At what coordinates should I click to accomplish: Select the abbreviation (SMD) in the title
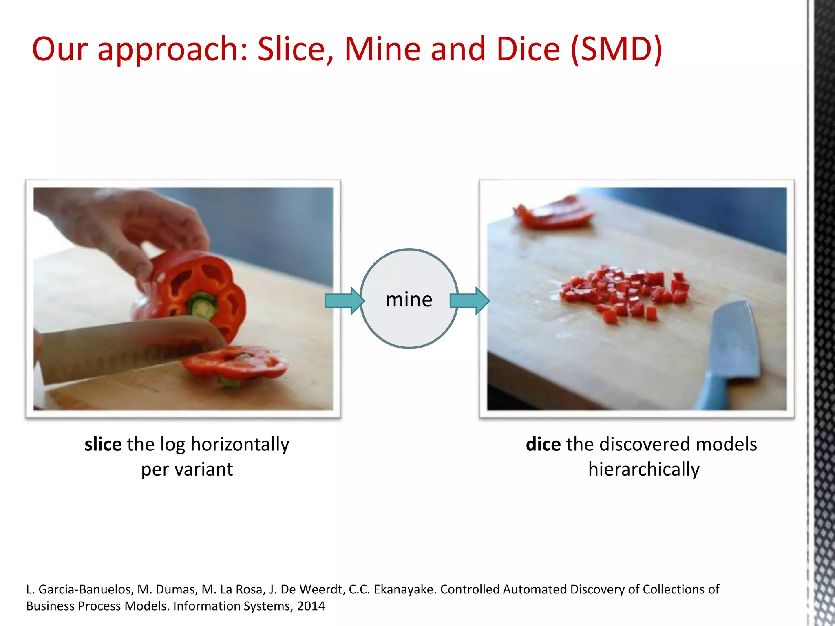pos(616,49)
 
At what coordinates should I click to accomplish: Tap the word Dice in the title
pos(528,49)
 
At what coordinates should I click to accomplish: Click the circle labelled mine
pos(409,299)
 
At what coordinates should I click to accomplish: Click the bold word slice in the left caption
pos(103,444)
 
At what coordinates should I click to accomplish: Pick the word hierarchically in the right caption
pos(644,469)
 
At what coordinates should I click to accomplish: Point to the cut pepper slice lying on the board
pos(234,363)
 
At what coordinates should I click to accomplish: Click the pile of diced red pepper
pos(624,291)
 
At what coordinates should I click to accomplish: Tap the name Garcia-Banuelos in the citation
pos(86,589)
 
